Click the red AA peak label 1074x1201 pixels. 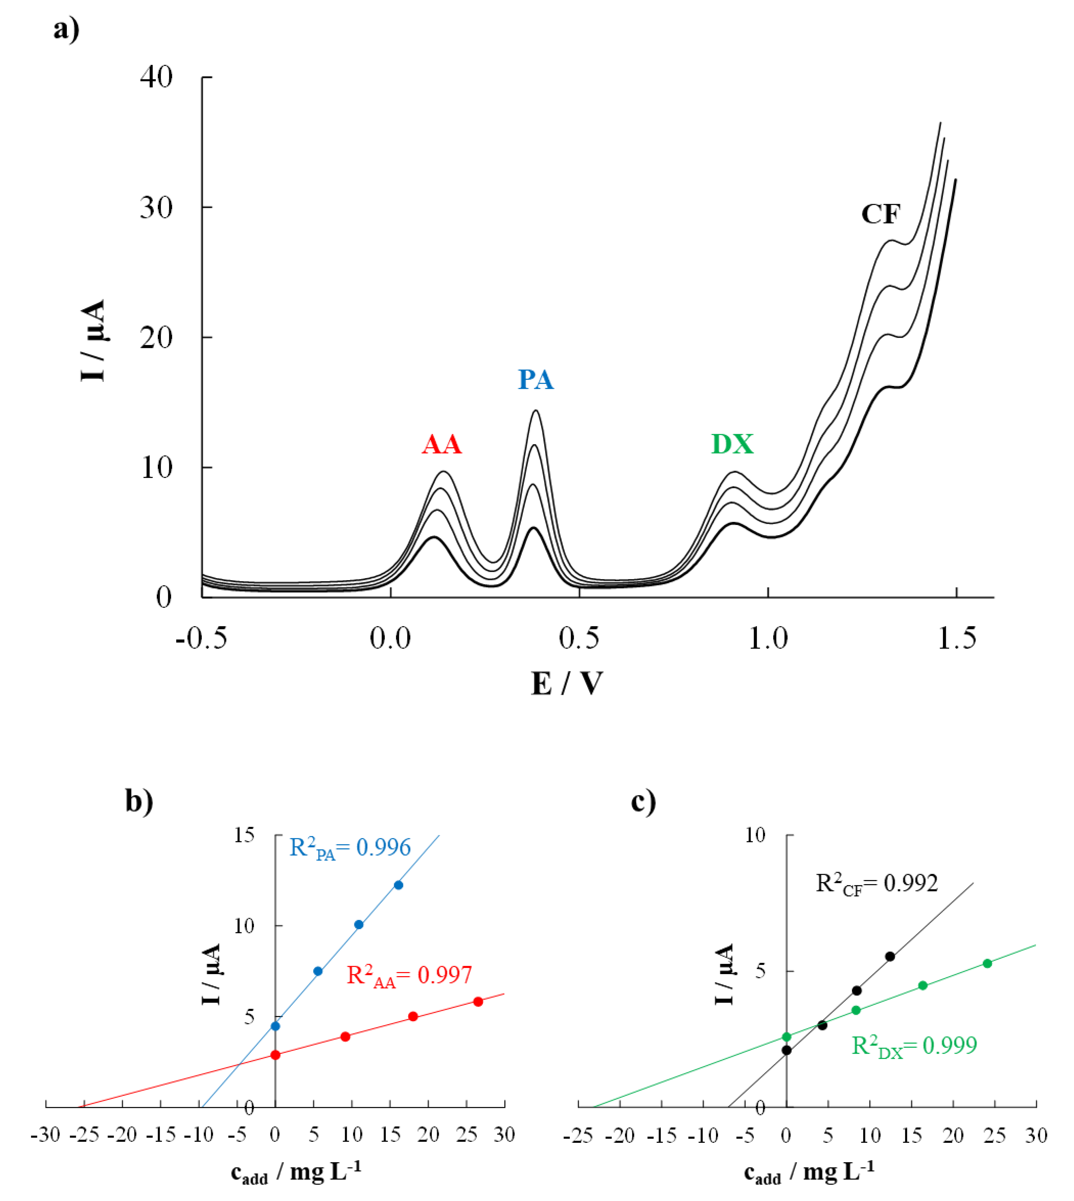441,444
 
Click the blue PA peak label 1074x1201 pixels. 536,379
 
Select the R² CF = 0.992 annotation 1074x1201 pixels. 876,884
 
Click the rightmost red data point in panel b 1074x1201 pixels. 478,1001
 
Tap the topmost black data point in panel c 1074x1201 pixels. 890,957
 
